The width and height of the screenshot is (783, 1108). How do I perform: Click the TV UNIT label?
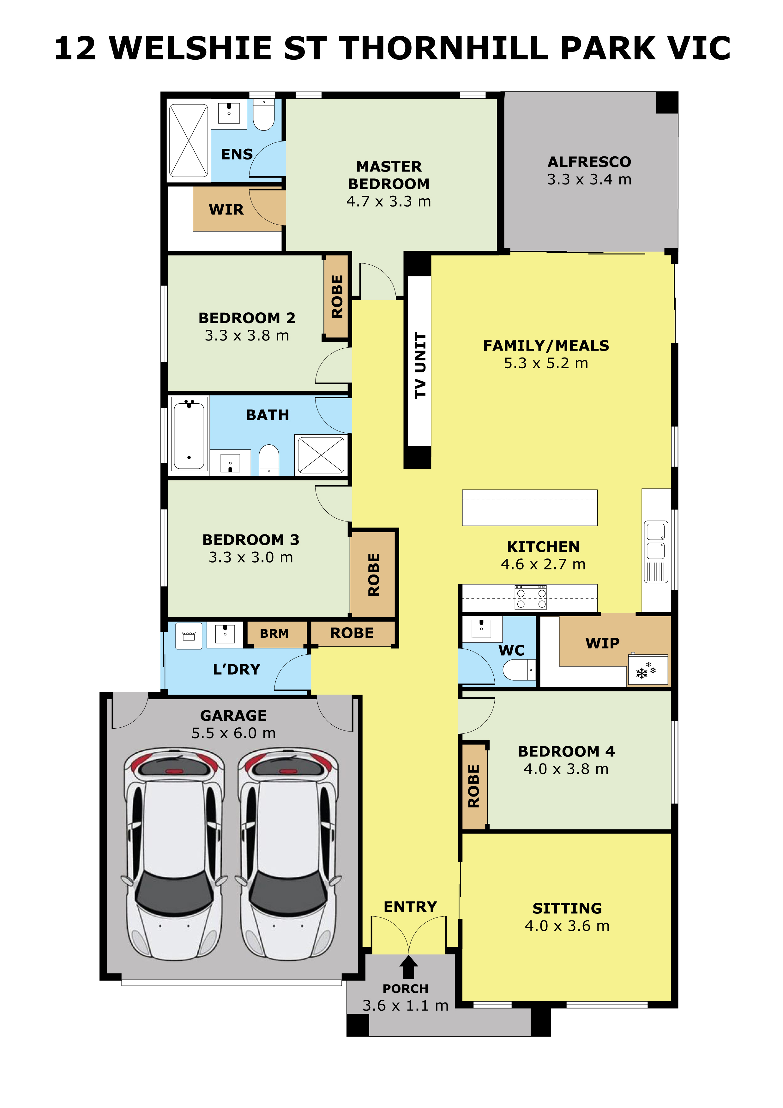(x=420, y=365)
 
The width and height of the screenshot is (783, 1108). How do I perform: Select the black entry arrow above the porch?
(x=409, y=967)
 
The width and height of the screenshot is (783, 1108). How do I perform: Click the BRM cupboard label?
(x=274, y=633)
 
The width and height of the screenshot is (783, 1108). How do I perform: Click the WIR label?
(x=226, y=209)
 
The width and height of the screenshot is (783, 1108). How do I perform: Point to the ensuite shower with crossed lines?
(x=189, y=141)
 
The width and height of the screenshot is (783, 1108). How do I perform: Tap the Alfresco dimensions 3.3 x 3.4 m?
(x=589, y=179)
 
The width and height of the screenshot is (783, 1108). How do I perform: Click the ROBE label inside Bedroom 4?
(x=474, y=786)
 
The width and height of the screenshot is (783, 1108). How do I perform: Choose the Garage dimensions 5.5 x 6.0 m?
(x=233, y=733)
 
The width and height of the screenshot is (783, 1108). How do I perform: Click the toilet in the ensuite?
(x=264, y=115)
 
